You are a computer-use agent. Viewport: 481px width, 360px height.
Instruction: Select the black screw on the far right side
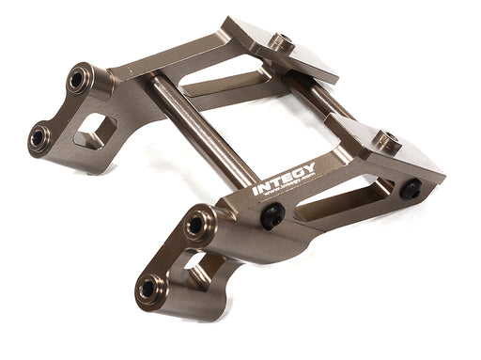(411, 190)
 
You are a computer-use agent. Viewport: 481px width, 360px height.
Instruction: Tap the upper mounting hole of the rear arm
(77, 81)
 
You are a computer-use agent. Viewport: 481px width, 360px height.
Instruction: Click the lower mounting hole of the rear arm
(39, 136)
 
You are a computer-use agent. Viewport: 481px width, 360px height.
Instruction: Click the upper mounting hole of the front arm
(195, 227)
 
